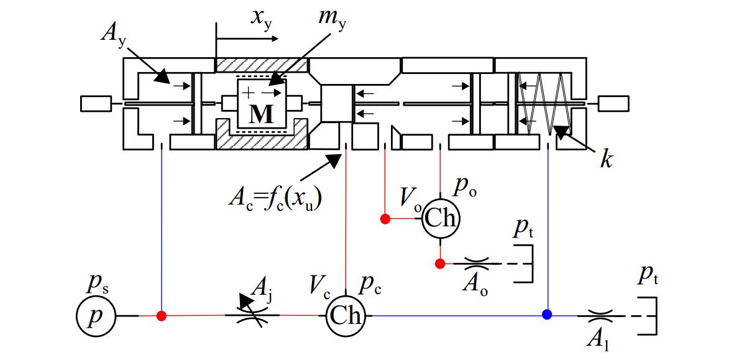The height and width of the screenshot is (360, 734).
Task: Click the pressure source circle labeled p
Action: coord(96,316)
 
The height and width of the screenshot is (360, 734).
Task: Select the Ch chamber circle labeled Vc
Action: coord(345,316)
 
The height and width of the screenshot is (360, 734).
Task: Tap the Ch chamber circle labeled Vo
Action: coord(441,219)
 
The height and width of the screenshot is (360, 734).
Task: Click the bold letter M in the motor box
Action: coord(261,114)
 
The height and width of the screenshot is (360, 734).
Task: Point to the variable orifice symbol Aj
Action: coord(253,315)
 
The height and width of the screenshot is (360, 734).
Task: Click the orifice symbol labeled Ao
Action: coord(477,264)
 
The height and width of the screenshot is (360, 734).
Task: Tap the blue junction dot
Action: coord(547,315)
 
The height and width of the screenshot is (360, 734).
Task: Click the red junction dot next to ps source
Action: coord(162,315)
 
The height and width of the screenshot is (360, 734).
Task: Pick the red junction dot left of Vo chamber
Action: coord(385,219)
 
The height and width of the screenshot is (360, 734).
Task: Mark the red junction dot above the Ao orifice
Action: coord(440,264)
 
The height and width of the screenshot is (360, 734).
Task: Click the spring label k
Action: coord(606,160)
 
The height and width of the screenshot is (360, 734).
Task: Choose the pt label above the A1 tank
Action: coord(648,279)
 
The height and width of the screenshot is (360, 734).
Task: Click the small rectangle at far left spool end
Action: coord(96,103)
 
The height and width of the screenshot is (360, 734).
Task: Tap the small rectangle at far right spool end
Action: coord(613,103)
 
